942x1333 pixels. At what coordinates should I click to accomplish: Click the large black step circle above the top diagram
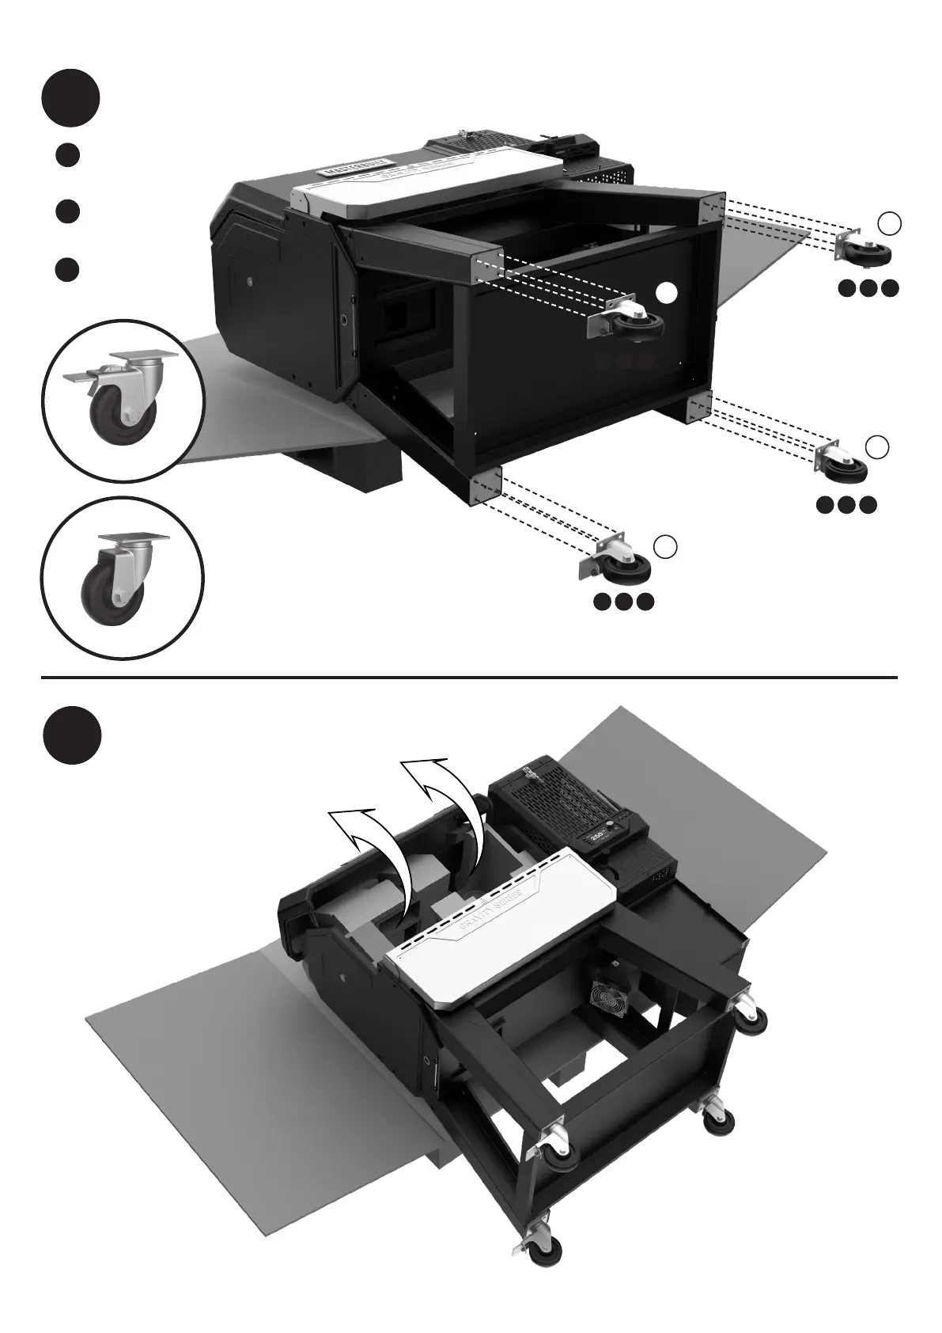[x=71, y=99]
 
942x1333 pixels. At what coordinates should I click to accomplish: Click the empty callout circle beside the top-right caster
[x=891, y=224]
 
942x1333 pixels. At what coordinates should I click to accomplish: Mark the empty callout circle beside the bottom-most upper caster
[x=666, y=545]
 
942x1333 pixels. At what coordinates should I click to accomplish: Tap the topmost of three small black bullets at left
[x=68, y=154]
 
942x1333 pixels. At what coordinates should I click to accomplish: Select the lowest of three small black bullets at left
[x=68, y=268]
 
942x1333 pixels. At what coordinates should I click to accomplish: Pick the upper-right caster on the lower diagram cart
[x=750, y=1013]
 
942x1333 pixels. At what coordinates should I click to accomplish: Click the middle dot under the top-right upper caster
[x=868, y=289]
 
